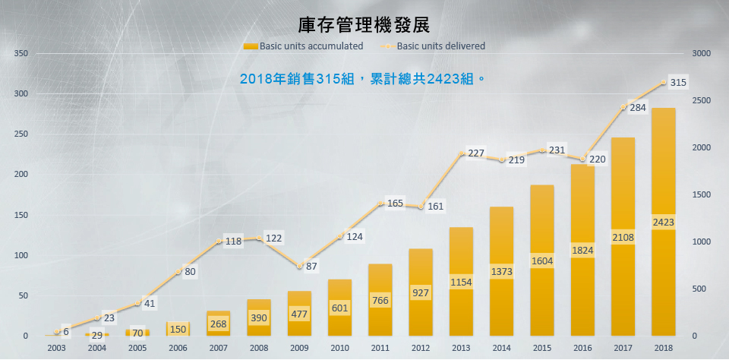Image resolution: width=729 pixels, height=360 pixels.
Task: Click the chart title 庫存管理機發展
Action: (364, 26)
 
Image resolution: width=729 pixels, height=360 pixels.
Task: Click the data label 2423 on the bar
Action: (663, 222)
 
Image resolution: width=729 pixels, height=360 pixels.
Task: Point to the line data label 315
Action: (678, 83)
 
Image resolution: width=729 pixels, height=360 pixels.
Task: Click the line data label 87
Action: (311, 267)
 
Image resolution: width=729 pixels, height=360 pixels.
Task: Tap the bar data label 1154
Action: (461, 282)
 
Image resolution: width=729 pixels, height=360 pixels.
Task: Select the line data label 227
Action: (476, 153)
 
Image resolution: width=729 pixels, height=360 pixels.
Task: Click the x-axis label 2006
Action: (178, 347)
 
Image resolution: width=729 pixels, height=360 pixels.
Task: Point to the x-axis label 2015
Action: (541, 347)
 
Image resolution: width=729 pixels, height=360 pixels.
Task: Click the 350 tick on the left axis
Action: (21, 54)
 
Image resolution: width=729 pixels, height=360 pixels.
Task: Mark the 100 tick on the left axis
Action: (21, 255)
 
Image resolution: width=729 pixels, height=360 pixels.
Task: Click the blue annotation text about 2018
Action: (362, 78)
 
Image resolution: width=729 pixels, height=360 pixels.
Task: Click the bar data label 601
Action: (339, 308)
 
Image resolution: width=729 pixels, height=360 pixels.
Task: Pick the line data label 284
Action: (638, 108)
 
